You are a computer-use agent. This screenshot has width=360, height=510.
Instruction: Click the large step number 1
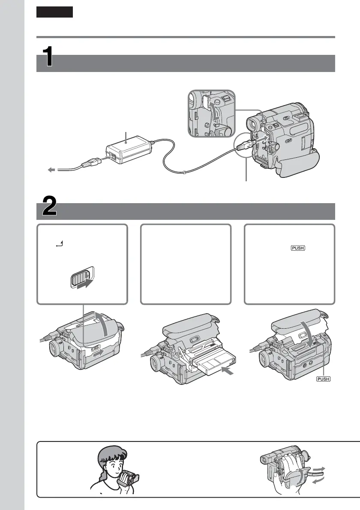point(49,57)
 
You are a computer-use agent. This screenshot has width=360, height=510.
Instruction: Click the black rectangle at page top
point(54,12)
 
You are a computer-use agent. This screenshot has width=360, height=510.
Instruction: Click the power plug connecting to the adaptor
point(90,164)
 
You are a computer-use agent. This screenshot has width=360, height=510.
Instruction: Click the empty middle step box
point(186,264)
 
